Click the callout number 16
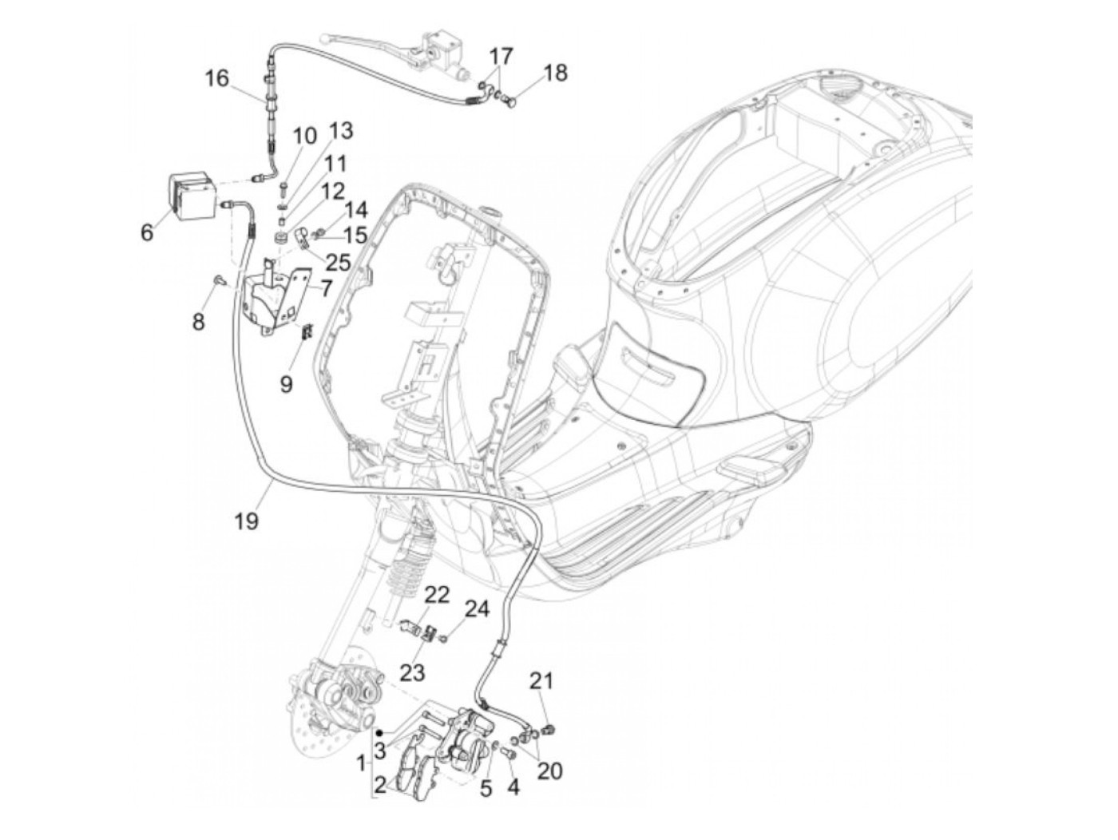tap(216, 78)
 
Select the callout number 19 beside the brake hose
tap(247, 521)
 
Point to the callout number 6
tap(146, 232)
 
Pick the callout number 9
tap(286, 383)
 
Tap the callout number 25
tap(338, 261)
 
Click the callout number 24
tap(478, 609)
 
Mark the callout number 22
tap(437, 595)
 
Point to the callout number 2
tap(380, 787)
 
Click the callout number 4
tap(513, 787)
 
